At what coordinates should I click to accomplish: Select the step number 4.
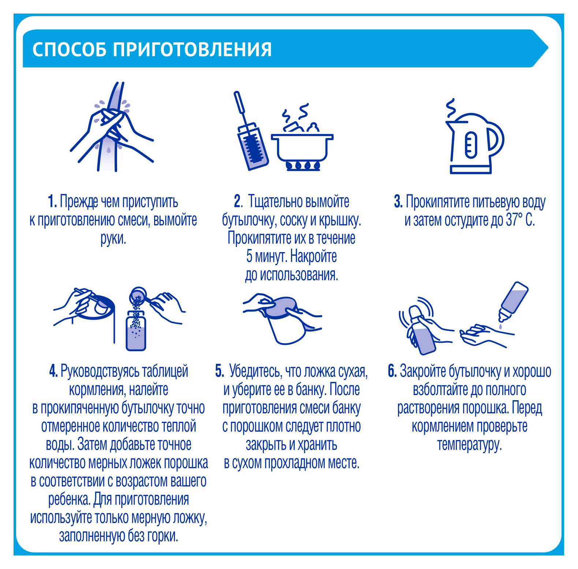53,371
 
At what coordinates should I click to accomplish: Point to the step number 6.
392,371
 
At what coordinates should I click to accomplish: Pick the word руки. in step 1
113,239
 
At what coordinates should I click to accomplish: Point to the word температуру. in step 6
469,445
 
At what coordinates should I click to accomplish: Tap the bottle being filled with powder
136,331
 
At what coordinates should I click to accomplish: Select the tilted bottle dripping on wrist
514,298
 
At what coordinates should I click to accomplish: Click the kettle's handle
496,139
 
